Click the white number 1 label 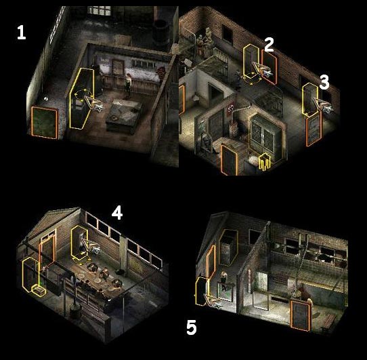(x=21, y=32)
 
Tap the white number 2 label (x=269, y=45)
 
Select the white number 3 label (x=324, y=82)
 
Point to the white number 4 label (x=117, y=213)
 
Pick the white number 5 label (x=192, y=327)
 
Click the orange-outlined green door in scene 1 (x=44, y=123)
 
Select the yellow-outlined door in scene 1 (x=82, y=98)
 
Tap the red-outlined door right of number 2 (x=269, y=67)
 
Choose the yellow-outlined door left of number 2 (x=251, y=62)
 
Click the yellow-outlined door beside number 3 (x=310, y=100)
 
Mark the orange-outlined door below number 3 (x=314, y=129)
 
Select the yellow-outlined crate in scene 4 (x=39, y=290)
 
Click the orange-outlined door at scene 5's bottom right (x=301, y=316)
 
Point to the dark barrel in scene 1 (x=162, y=33)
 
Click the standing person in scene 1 (x=128, y=85)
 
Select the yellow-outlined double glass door (x=265, y=136)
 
